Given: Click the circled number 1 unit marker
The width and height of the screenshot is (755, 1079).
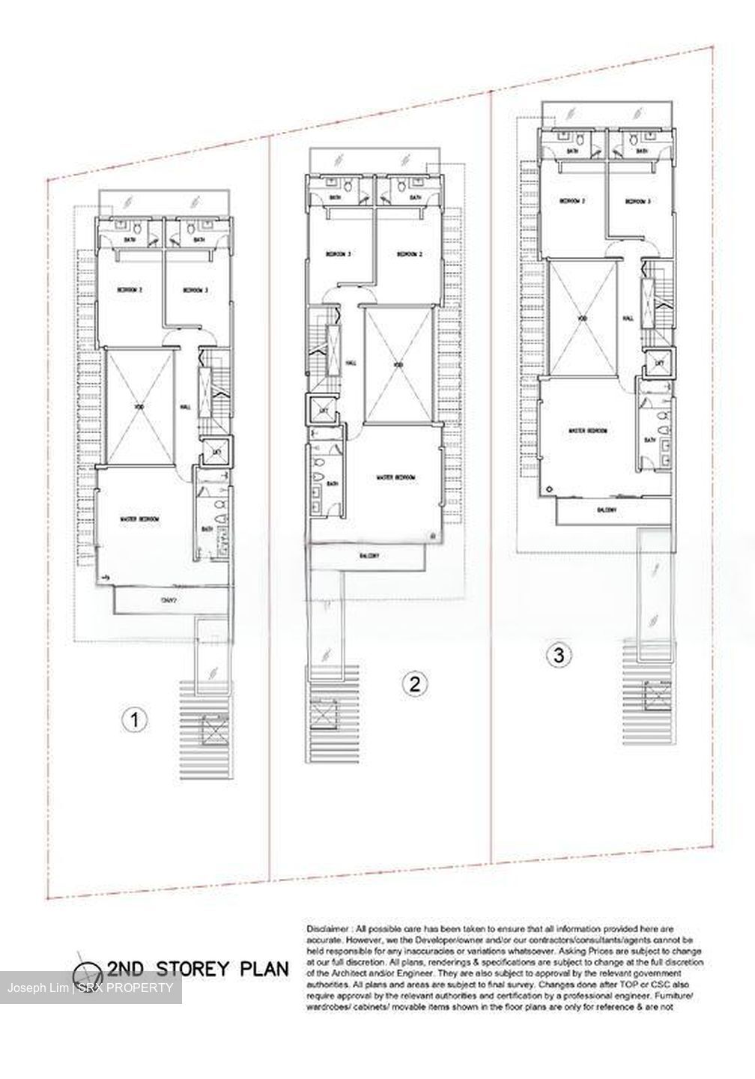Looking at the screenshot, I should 133,720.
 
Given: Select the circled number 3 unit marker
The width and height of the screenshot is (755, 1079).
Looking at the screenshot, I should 555,654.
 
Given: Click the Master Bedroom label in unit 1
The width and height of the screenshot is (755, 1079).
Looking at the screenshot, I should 139,519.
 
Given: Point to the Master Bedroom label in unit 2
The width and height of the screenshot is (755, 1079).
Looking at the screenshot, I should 395,477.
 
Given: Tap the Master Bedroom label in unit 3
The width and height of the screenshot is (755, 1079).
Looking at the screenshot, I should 587,431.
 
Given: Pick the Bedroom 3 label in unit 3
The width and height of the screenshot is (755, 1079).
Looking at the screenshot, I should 638,201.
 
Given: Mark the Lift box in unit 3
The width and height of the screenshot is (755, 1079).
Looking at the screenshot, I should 659,363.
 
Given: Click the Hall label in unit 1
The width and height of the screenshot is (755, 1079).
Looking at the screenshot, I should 184,408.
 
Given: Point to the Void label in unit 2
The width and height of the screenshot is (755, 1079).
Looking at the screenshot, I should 398,365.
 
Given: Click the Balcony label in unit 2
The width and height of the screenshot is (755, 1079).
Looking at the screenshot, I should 369,556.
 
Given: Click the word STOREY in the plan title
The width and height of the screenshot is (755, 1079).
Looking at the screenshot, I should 192,967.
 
